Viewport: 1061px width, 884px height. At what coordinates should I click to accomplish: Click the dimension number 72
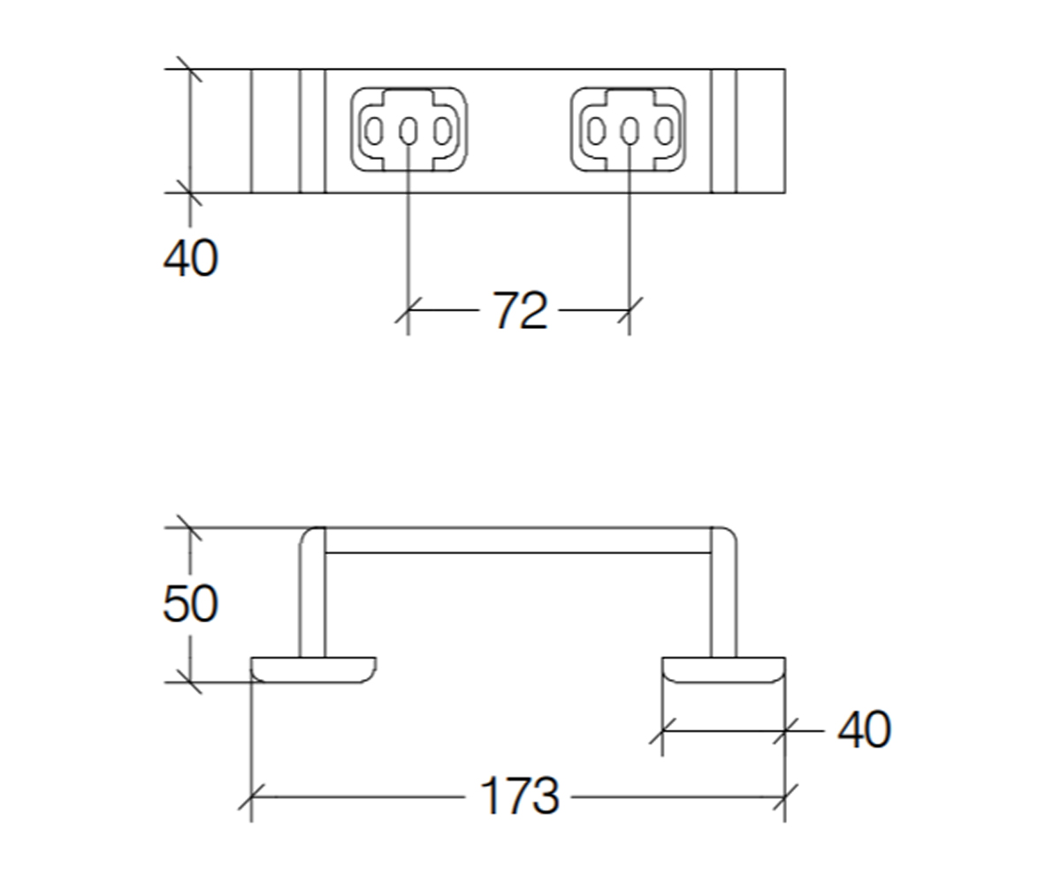click(x=521, y=310)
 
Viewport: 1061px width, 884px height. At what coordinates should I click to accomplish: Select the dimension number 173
click(x=519, y=796)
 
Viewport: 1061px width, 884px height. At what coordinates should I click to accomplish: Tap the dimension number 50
click(x=191, y=604)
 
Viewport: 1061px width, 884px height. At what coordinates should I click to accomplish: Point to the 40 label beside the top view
click(x=191, y=258)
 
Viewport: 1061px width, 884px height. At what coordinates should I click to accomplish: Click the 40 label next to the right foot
click(x=864, y=729)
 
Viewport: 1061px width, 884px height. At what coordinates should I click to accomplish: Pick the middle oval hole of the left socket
click(x=408, y=131)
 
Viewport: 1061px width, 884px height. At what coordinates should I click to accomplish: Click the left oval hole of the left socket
click(x=374, y=131)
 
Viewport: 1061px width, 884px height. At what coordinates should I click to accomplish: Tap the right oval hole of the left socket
click(x=443, y=131)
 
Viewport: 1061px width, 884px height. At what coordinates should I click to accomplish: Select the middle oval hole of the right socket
click(x=629, y=131)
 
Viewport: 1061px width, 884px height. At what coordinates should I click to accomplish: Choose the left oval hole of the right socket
click(x=597, y=131)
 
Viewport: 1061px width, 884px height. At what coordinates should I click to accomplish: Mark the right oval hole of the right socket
click(x=664, y=131)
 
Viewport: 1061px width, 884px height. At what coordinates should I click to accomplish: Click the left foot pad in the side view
click(x=314, y=669)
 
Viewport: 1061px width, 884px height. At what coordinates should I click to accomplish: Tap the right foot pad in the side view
click(x=723, y=669)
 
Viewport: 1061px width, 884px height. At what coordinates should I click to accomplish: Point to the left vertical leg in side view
click(x=312, y=592)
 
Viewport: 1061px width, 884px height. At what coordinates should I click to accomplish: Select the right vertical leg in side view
click(x=723, y=592)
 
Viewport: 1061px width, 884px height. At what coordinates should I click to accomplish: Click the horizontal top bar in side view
click(x=518, y=540)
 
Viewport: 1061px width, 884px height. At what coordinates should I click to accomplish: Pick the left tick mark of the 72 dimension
click(x=408, y=310)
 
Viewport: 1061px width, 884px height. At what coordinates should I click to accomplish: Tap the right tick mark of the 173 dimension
click(x=785, y=797)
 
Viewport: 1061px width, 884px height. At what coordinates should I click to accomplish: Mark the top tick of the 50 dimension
click(x=190, y=528)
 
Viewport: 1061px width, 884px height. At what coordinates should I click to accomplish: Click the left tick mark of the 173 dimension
click(x=251, y=797)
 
